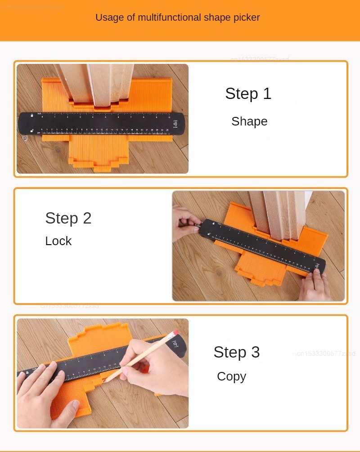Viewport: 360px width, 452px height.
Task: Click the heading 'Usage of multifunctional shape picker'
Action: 177,18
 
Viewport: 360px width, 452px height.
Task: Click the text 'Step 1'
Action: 248,94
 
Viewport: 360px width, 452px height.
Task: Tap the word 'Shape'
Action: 249,121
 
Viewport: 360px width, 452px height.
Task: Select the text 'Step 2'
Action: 68,218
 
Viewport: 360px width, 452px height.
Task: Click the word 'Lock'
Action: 58,241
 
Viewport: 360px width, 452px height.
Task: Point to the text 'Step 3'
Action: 236,352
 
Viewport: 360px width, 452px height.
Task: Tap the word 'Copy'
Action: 231,376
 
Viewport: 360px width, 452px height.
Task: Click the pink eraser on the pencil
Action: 174,333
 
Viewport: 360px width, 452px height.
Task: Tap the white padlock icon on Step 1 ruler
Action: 32,116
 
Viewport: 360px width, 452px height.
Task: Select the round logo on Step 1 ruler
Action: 175,125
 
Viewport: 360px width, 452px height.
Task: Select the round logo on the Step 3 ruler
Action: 175,344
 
